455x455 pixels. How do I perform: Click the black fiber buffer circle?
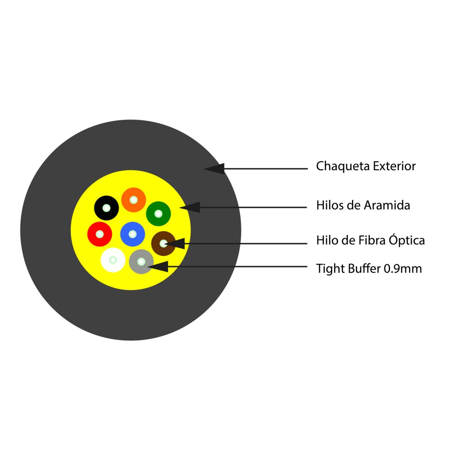pos(107,208)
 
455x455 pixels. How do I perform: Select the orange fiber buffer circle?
pos(134,200)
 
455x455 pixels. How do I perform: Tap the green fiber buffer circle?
pos(158,214)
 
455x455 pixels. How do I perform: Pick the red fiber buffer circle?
pos(100,234)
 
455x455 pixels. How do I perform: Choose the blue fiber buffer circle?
pos(132,234)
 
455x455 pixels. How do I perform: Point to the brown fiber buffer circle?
pos(163,243)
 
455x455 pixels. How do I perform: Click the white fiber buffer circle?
pos(113,259)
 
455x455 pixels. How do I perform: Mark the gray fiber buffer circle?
pos(141,262)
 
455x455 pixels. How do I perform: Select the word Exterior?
pos(394,167)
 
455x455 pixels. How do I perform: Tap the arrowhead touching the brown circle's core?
pos(175,243)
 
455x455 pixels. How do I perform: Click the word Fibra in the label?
pos(372,240)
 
